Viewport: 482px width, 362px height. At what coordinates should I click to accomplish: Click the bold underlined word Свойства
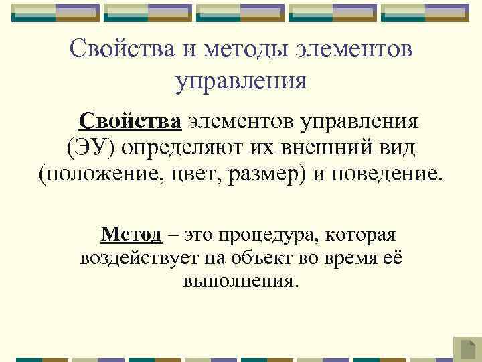pos(130,122)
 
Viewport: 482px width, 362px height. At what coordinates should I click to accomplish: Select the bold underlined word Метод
pos(131,235)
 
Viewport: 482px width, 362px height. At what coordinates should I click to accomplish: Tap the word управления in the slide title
pos(241,81)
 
